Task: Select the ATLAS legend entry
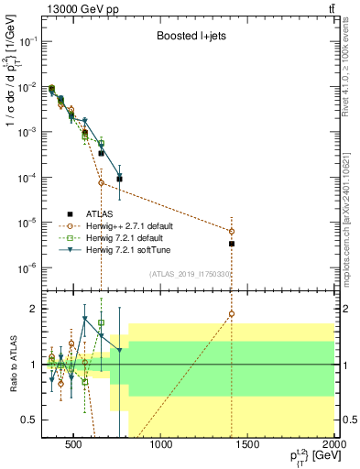pos(109,213)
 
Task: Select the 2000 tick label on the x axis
pos(333,444)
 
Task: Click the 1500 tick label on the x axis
pos(247,444)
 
